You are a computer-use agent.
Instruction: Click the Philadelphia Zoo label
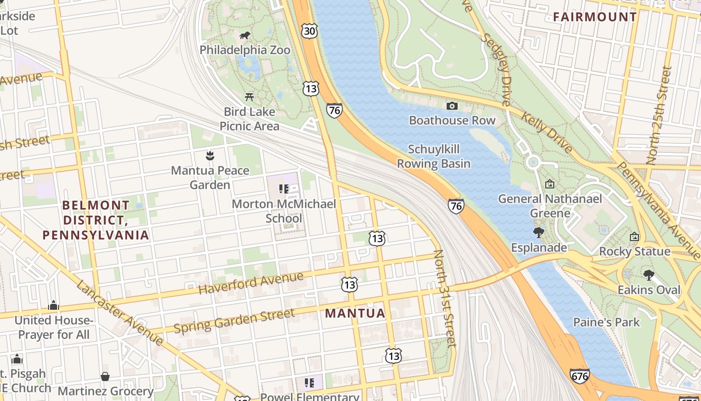pyautogui.click(x=245, y=50)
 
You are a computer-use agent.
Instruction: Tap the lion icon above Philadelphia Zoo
pyautogui.click(x=245, y=35)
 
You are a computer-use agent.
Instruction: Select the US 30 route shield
pyautogui.click(x=309, y=32)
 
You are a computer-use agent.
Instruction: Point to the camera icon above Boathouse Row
pyautogui.click(x=452, y=106)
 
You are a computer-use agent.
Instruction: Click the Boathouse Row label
pyautogui.click(x=452, y=120)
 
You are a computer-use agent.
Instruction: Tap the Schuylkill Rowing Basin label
pyautogui.click(x=434, y=156)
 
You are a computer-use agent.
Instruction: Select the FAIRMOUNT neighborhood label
pyautogui.click(x=595, y=17)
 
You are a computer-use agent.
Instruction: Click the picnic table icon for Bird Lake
pyautogui.click(x=249, y=97)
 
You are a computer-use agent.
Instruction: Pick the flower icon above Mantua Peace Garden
pyautogui.click(x=210, y=155)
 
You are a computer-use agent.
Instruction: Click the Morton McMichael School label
pyautogui.click(x=284, y=211)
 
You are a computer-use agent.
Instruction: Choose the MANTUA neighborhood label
pyautogui.click(x=356, y=314)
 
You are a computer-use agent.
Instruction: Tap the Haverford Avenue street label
pyautogui.click(x=251, y=283)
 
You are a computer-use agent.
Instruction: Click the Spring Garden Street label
pyautogui.click(x=234, y=321)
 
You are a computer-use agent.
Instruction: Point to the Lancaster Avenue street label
pyautogui.click(x=120, y=313)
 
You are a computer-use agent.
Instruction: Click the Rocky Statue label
pyautogui.click(x=634, y=252)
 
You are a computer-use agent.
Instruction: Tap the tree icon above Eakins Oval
pyautogui.click(x=649, y=275)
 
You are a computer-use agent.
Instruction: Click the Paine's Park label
pyautogui.click(x=606, y=322)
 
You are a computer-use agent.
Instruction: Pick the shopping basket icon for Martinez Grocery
pyautogui.click(x=105, y=376)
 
